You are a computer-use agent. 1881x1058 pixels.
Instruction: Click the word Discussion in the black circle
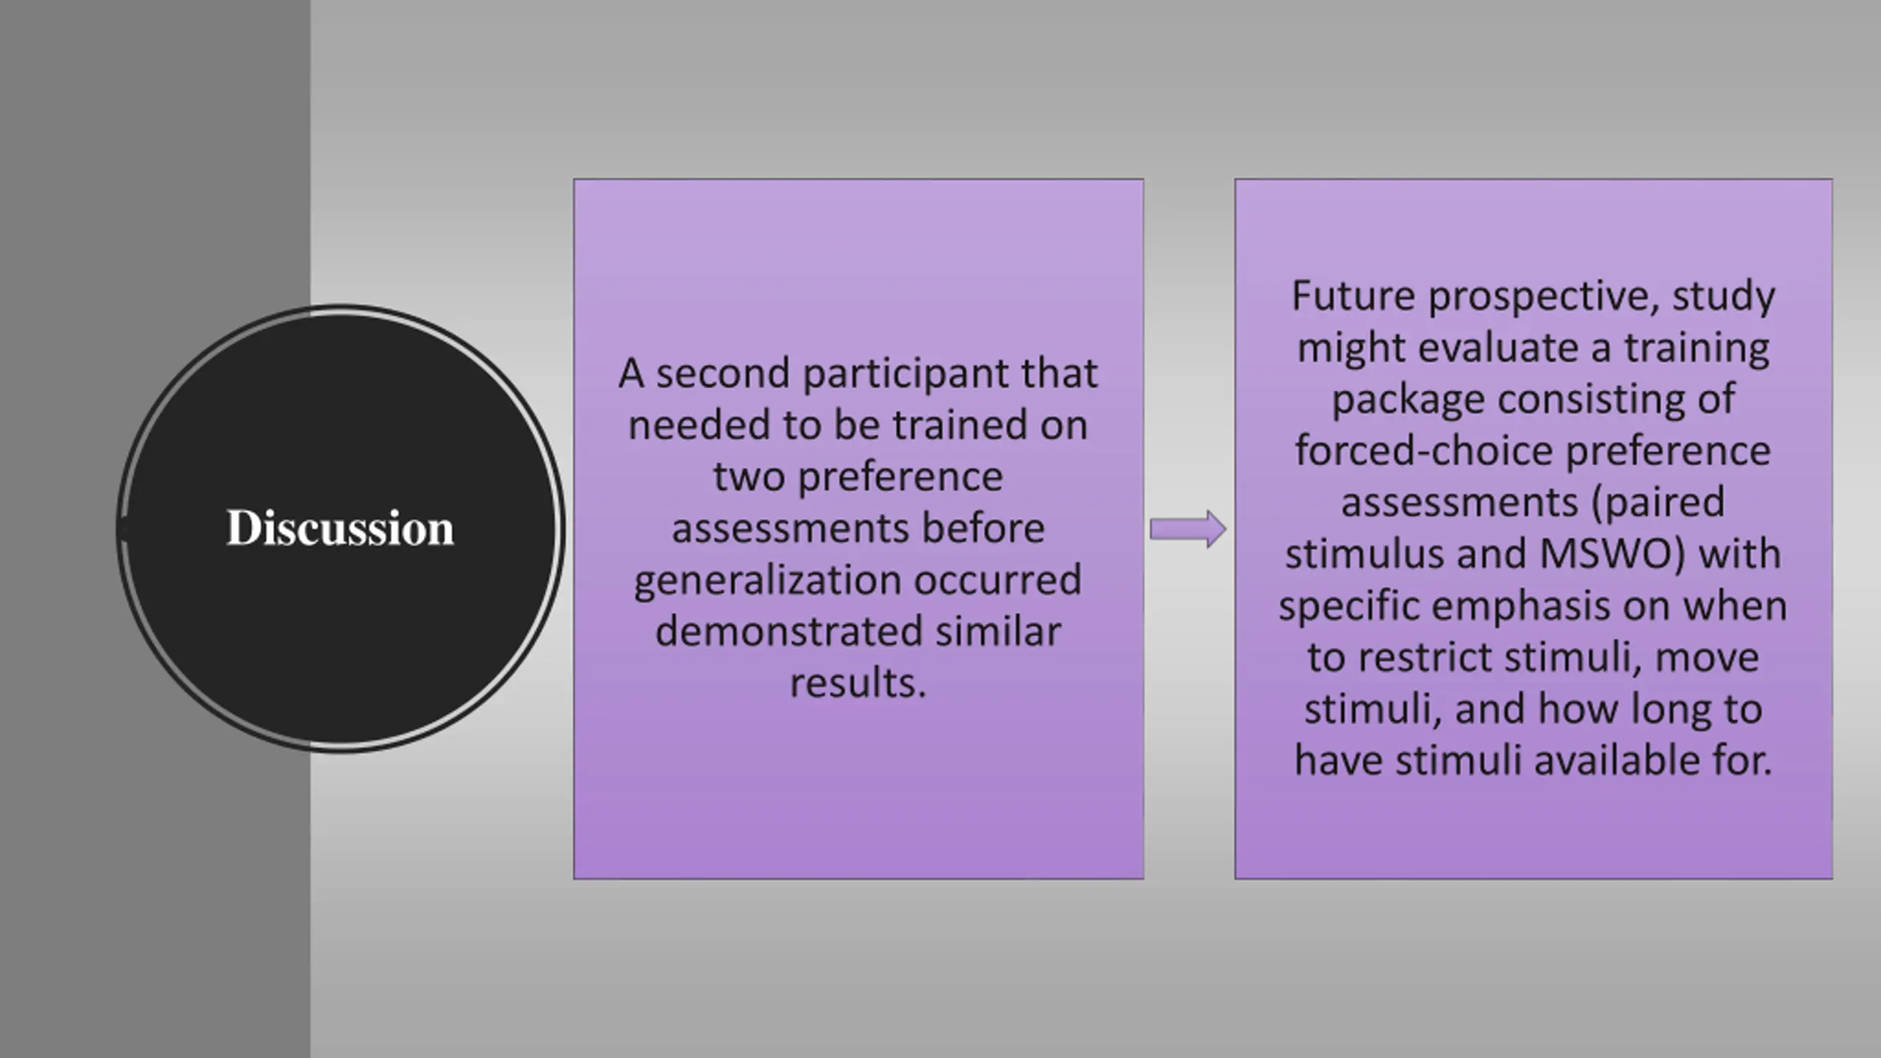340,528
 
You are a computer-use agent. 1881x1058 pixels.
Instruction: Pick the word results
857,683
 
